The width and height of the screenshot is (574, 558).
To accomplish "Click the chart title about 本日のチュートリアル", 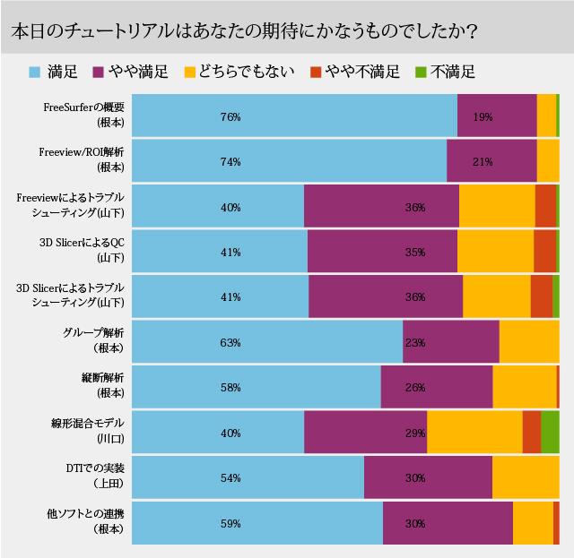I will pyautogui.click(x=243, y=31).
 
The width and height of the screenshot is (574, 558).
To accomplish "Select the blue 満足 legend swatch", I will pyautogui.click(x=34, y=72).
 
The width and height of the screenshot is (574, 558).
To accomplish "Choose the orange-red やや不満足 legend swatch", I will pyautogui.click(x=315, y=72).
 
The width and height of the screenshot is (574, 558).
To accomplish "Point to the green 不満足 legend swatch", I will pyautogui.click(x=422, y=72).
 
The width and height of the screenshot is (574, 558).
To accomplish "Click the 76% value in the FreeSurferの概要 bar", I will pyautogui.click(x=230, y=116).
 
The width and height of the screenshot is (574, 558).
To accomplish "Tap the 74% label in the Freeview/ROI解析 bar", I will pyautogui.click(x=230, y=162).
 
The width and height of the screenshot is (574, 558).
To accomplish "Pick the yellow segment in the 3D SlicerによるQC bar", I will pyautogui.click(x=495, y=253).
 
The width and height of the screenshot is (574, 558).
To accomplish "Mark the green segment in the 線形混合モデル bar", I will pyautogui.click(x=550, y=433).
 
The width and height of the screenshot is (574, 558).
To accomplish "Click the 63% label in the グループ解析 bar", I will pyautogui.click(x=230, y=342).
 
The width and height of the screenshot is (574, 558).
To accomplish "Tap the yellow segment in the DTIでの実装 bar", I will pyautogui.click(x=526, y=477).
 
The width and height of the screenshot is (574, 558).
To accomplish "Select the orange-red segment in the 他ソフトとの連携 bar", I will pyautogui.click(x=556, y=523).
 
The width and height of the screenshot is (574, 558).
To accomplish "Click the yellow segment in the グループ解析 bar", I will pyautogui.click(x=529, y=342).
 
